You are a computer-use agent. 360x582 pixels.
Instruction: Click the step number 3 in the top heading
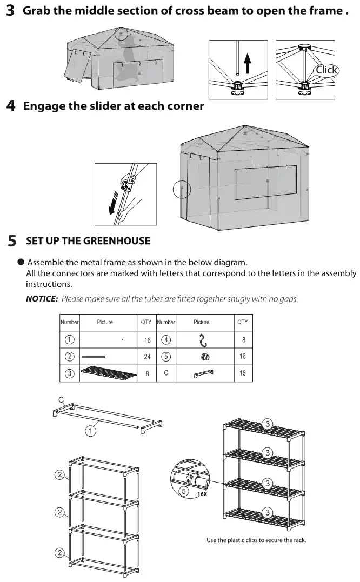[11, 11]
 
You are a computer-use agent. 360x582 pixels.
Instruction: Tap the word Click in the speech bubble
[326, 70]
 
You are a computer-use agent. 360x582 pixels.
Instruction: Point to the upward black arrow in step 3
[247, 62]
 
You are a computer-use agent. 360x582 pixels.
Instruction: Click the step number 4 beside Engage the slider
[11, 106]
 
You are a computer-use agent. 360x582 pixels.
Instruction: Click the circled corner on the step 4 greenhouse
[182, 189]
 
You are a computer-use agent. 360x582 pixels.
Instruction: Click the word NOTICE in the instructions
[42, 299]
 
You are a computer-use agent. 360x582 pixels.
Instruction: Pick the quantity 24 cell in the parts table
[146, 357]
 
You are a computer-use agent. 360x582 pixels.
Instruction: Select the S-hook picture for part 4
[203, 340]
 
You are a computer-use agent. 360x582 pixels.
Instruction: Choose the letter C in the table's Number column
[166, 373]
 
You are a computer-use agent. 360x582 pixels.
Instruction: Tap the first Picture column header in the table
[105, 322]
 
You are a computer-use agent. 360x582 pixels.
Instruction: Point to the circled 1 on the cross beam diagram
[91, 431]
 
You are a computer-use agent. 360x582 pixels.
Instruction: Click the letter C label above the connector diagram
[61, 400]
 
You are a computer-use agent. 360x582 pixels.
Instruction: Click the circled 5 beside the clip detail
[184, 491]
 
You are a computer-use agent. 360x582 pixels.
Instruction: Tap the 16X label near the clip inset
[202, 493]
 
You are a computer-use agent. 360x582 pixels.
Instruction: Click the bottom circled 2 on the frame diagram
[60, 553]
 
